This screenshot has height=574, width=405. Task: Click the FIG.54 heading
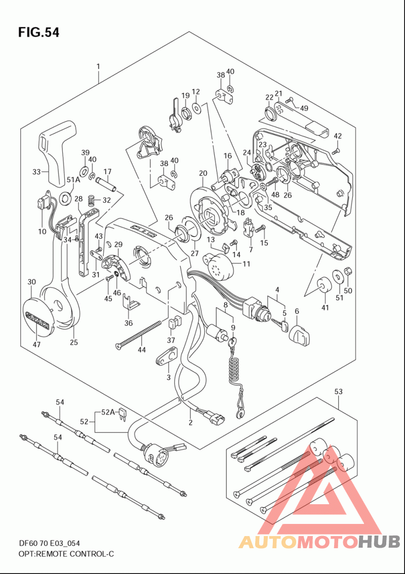tap(38, 33)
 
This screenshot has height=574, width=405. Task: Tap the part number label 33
tap(36, 172)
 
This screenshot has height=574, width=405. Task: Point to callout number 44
tap(142, 349)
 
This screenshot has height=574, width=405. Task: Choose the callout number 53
tap(339, 391)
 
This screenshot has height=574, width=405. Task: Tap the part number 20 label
tap(203, 173)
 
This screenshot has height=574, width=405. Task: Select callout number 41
tap(325, 307)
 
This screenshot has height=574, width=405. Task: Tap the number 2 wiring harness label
tap(190, 423)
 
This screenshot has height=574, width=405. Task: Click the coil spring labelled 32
tap(91, 201)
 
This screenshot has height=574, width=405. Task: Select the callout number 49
tap(304, 108)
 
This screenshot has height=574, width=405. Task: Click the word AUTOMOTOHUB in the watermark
tap(319, 542)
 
